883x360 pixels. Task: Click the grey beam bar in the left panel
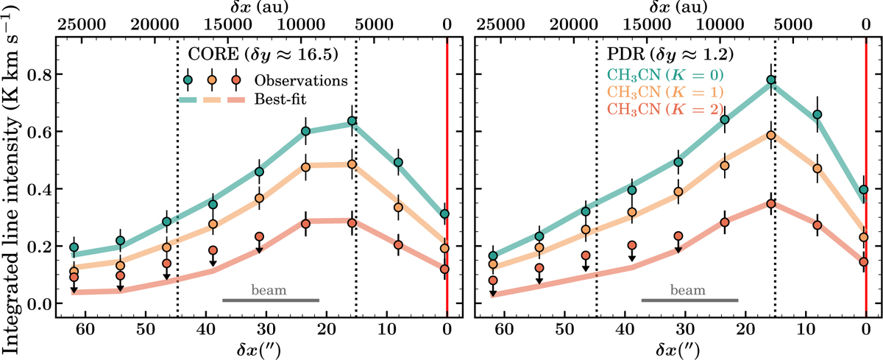tap(271, 300)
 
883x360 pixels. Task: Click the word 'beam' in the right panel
tap(689, 289)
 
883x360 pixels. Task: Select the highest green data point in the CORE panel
tap(352, 121)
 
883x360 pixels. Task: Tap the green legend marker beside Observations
tap(188, 80)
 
